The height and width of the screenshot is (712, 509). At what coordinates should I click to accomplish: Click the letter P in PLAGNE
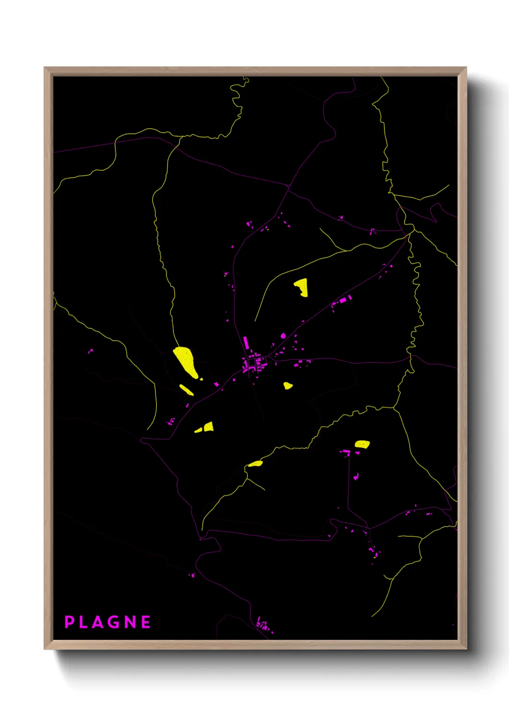coord(69,622)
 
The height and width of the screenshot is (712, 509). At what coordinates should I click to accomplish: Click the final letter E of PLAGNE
coord(145,622)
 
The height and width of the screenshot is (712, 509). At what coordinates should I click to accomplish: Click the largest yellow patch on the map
coord(186,361)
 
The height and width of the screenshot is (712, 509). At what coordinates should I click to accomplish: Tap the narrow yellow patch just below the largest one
coord(187,390)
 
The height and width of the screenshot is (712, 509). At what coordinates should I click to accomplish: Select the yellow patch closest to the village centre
coord(288,385)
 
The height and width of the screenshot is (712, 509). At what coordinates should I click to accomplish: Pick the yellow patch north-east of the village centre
coord(302,287)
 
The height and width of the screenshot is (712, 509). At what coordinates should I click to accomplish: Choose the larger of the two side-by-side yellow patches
coord(208,427)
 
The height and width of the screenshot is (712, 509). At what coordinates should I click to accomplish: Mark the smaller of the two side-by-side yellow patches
coord(198,430)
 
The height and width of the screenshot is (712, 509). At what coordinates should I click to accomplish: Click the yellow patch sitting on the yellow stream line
coord(255,464)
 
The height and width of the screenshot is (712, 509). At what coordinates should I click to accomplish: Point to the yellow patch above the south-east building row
coord(362,444)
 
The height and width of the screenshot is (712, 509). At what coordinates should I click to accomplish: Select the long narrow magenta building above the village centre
coord(245,343)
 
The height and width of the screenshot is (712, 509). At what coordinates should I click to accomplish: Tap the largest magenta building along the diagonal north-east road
coord(343,300)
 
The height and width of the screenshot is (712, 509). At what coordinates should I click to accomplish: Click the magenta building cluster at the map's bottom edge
coord(262,625)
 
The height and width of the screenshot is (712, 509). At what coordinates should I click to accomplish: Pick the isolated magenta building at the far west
coord(90,351)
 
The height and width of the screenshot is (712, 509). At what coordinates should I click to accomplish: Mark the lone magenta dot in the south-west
coord(192,575)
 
